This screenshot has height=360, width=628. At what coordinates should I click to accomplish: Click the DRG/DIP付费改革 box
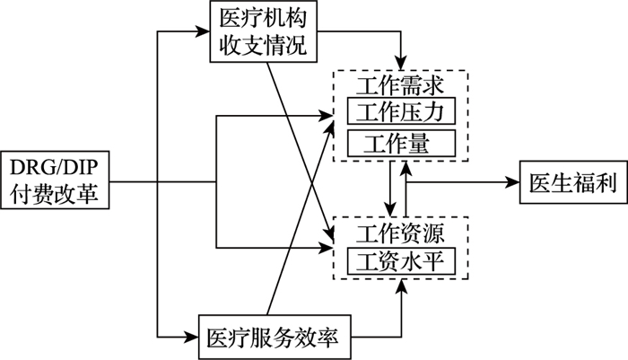pyautogui.click(x=55, y=180)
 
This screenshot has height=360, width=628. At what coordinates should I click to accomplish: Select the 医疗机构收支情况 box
pyautogui.click(x=264, y=31)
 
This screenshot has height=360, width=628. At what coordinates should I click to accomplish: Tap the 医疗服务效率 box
pyautogui.click(x=275, y=337)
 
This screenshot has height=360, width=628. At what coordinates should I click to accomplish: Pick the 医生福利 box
pyautogui.click(x=573, y=182)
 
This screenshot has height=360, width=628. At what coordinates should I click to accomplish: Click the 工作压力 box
pyautogui.click(x=401, y=110)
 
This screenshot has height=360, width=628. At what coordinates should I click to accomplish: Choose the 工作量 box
pyautogui.click(x=401, y=143)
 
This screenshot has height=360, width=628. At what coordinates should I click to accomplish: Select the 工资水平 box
pyautogui.click(x=401, y=261)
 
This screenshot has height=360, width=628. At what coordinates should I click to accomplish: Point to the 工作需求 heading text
pyautogui.click(x=400, y=85)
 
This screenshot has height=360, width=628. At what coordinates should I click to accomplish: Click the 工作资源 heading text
pyautogui.click(x=400, y=233)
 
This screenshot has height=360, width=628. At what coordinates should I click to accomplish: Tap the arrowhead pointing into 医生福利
pyautogui.click(x=512, y=182)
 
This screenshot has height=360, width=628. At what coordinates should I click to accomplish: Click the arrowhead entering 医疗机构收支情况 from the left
pyautogui.click(x=203, y=31)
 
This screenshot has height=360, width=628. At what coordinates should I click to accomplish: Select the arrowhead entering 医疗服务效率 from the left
pyautogui.click(x=191, y=337)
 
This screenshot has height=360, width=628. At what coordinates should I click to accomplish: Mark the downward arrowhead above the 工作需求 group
pyautogui.click(x=401, y=64)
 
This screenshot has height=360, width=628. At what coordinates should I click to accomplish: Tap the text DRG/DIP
pyautogui.click(x=54, y=167)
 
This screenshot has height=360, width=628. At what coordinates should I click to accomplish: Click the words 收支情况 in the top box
pyautogui.click(x=264, y=45)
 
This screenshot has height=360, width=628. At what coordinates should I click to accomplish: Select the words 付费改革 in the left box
pyautogui.click(x=54, y=194)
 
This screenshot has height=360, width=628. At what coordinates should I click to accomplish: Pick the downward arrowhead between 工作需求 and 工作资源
pyautogui.click(x=390, y=209)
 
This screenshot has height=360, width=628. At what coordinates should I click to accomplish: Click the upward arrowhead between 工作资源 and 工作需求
pyautogui.click(x=406, y=169)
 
